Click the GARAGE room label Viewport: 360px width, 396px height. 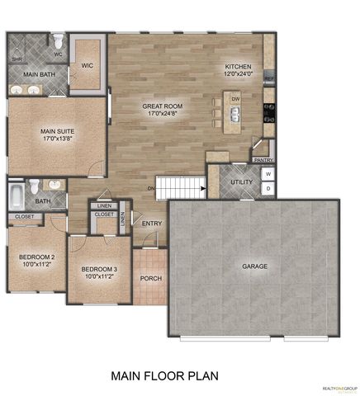coord(253,266)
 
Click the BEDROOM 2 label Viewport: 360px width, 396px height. coord(37,261)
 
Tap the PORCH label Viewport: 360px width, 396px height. coord(150,277)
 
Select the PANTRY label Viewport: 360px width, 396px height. coord(263,160)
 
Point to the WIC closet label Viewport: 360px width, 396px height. coord(87,65)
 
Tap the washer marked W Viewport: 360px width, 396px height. coord(268,175)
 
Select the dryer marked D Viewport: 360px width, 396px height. coord(268,190)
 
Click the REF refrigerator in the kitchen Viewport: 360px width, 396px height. coord(269,79)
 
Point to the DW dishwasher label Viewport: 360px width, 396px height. coord(236,98)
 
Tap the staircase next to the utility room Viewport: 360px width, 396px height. coord(181,187)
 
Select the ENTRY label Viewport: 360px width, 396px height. coord(151,223)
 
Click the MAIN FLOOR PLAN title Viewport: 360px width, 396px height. coord(164,376)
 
